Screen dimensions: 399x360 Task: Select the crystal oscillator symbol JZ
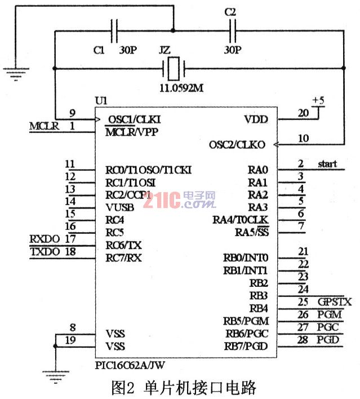[x=173, y=69]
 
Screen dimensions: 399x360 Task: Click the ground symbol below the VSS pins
[x=55, y=370]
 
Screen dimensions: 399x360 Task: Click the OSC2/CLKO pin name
[x=239, y=144]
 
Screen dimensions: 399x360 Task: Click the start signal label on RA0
[x=327, y=164]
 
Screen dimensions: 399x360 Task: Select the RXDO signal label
[x=44, y=239]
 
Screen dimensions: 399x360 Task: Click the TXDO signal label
[x=44, y=252]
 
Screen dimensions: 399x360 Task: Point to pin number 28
[x=303, y=339]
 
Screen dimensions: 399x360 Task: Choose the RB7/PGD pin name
[x=246, y=345]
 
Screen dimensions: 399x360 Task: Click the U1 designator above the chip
[x=102, y=101]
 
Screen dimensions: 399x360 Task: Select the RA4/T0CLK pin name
[x=241, y=219]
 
